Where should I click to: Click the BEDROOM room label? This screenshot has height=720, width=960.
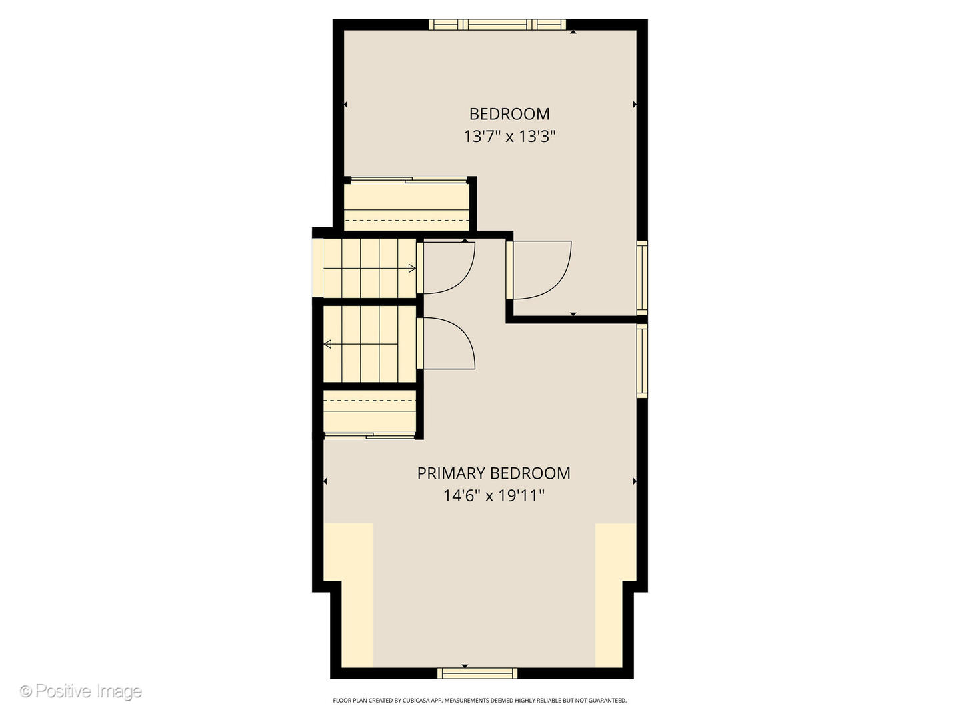[509, 114]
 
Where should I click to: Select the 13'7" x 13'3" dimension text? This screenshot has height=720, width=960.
[509, 137]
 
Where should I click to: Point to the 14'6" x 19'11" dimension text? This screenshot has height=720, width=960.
[494, 496]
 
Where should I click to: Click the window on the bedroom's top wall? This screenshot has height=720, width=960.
[497, 25]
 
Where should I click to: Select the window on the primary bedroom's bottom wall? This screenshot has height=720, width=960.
[477, 673]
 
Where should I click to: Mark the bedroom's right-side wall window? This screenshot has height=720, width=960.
[642, 277]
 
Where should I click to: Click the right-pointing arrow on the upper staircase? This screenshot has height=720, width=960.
[412, 269]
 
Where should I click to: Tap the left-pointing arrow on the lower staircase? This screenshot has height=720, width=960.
[327, 345]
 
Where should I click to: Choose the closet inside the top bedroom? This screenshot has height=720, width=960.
[407, 205]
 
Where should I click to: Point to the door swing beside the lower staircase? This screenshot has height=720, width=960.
[448, 343]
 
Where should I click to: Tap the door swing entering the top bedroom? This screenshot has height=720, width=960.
[540, 270]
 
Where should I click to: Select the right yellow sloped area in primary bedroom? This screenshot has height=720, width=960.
[614, 593]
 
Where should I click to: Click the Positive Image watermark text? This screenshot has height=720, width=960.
[88, 691]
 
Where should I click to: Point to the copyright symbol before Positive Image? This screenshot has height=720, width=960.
[26, 691]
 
